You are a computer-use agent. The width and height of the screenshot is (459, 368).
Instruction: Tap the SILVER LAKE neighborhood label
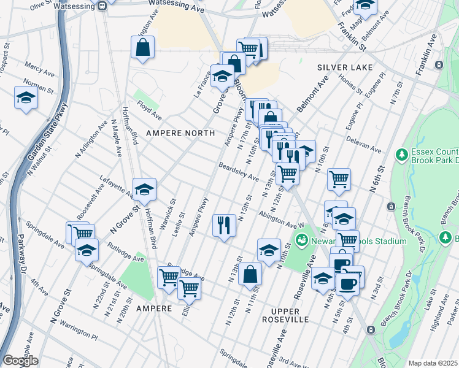click(x=342, y=66)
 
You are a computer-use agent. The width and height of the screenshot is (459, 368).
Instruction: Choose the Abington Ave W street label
click(x=282, y=220)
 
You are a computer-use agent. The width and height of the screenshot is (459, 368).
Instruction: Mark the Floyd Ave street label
click(x=148, y=110)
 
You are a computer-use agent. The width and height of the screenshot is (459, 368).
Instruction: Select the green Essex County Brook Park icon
click(x=402, y=154)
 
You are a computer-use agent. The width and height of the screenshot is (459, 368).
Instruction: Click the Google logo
click(x=20, y=361)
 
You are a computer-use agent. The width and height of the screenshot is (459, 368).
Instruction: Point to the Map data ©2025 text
click(x=433, y=363)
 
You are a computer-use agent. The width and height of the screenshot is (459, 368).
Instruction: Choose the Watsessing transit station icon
click(x=102, y=6)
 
